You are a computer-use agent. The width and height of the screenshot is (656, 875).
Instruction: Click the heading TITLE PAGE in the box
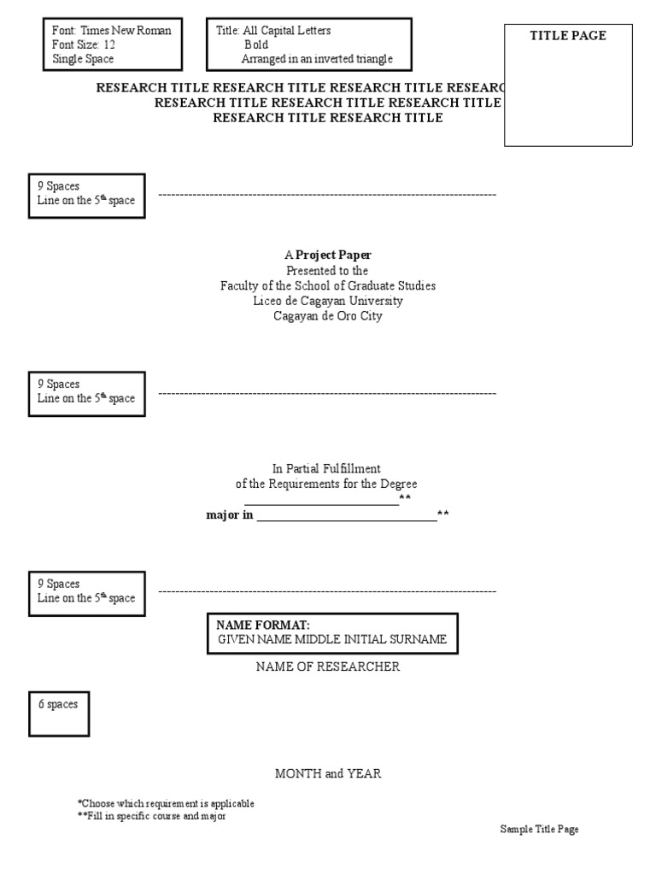point(568,36)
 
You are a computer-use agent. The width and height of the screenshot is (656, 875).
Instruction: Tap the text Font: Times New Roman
point(112,31)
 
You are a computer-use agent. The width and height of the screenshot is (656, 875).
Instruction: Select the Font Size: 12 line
point(84,45)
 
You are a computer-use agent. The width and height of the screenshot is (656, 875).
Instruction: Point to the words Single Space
point(83,60)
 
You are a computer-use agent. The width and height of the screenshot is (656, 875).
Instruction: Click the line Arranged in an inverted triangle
point(317,60)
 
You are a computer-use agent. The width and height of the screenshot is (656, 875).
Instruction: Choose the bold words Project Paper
point(333,255)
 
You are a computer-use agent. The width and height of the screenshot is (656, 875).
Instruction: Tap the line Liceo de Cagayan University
point(328,301)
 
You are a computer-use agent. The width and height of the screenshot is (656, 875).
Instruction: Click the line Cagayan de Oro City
point(328,316)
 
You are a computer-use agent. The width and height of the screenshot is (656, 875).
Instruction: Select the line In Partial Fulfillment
point(326,468)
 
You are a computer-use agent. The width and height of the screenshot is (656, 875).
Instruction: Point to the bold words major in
point(230,515)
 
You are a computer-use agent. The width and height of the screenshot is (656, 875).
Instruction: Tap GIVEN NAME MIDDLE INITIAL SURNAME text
point(331,640)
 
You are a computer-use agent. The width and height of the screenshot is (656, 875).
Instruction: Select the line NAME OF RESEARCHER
point(328,667)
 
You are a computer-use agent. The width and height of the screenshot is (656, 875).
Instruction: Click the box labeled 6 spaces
point(59,713)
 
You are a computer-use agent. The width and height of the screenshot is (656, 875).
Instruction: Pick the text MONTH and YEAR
point(328,773)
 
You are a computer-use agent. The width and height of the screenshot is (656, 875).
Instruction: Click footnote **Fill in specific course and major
point(151,816)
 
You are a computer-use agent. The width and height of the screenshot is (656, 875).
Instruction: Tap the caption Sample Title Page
point(539,830)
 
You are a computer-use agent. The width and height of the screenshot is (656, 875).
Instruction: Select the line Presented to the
point(328,270)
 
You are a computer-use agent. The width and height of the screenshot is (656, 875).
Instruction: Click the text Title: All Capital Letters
point(273,31)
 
